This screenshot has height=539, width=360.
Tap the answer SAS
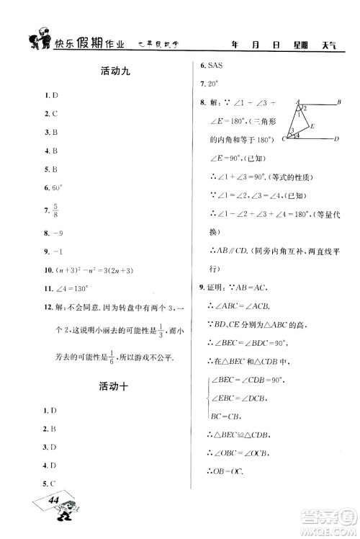[x=215, y=65]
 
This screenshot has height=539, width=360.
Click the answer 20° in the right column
[x=215, y=84]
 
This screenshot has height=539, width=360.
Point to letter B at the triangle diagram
[x=338, y=102]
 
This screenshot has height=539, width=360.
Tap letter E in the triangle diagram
[x=311, y=125]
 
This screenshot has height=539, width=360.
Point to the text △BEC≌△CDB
[x=240, y=435]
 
